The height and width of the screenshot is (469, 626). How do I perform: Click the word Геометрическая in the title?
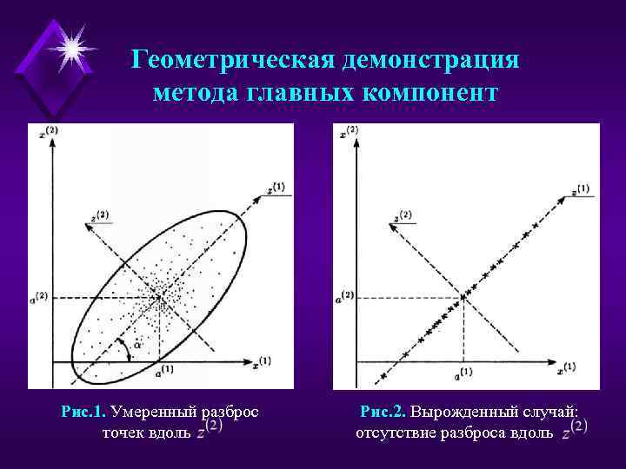(x=233, y=61)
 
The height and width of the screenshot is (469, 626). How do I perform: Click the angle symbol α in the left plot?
(x=137, y=347)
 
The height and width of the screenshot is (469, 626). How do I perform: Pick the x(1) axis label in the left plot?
(x=263, y=360)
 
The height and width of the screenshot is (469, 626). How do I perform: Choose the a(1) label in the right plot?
(x=463, y=373)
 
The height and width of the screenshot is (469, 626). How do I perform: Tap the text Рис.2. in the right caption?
(x=383, y=412)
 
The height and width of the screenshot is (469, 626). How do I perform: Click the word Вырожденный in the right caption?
(x=458, y=412)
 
